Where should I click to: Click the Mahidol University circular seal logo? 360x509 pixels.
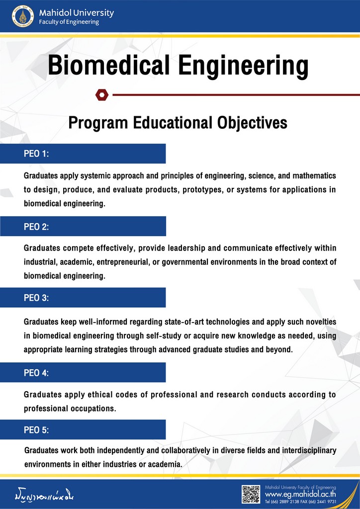(22, 16)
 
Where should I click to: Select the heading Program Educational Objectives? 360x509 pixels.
(178, 122)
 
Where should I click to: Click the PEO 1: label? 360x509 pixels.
(36, 154)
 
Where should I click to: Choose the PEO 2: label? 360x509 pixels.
(36, 227)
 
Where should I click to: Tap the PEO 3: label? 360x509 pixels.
(36, 298)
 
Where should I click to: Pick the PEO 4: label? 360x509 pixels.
(36, 372)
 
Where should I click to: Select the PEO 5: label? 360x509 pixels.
(36, 430)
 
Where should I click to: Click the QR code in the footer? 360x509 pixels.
(251, 494)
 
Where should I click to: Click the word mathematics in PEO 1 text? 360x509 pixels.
(312, 176)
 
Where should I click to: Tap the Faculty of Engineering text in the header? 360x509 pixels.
(69, 22)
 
